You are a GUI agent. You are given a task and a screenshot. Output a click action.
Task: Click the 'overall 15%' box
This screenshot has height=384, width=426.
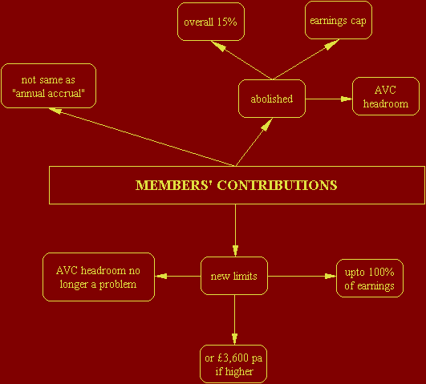point(211,22)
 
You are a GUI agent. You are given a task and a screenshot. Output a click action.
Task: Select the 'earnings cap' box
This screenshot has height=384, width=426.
point(339,20)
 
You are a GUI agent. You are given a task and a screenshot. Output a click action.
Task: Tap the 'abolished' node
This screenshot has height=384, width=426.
point(272,99)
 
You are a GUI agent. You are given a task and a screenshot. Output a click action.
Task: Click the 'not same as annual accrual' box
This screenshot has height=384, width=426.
point(48,86)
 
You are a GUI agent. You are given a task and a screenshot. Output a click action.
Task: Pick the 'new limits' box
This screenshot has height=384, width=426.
point(234,276)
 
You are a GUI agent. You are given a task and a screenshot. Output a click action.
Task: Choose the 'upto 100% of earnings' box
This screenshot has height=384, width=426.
point(370,278)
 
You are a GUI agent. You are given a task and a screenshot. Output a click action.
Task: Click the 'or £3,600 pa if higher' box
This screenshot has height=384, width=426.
point(233,364)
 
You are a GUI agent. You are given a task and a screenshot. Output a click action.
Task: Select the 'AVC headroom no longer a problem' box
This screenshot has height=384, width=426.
point(99,277)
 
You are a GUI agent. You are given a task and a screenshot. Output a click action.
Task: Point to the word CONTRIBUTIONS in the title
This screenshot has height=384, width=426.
point(277,185)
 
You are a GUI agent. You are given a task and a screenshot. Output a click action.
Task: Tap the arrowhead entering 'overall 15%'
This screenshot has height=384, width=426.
point(218,46)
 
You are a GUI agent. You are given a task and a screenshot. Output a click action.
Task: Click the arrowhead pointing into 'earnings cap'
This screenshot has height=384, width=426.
point(331,45)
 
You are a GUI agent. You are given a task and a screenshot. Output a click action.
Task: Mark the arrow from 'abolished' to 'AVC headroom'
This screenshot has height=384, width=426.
point(329,99)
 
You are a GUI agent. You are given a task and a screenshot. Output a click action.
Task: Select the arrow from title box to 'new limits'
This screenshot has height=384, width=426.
point(235,230)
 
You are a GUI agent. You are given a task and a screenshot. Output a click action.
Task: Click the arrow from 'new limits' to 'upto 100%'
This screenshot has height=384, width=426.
point(302,277)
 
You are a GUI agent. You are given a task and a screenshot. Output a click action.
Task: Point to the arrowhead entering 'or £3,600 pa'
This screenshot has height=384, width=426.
point(234,339)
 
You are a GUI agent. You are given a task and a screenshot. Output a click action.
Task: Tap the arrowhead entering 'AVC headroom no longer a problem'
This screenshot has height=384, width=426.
point(160,277)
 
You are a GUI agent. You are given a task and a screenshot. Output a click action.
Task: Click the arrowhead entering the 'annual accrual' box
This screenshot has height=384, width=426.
point(55,111)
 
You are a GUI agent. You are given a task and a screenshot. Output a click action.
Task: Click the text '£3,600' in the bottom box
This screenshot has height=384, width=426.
point(233,358)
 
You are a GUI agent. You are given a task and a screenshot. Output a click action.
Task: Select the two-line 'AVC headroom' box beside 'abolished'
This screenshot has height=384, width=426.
point(386,96)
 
